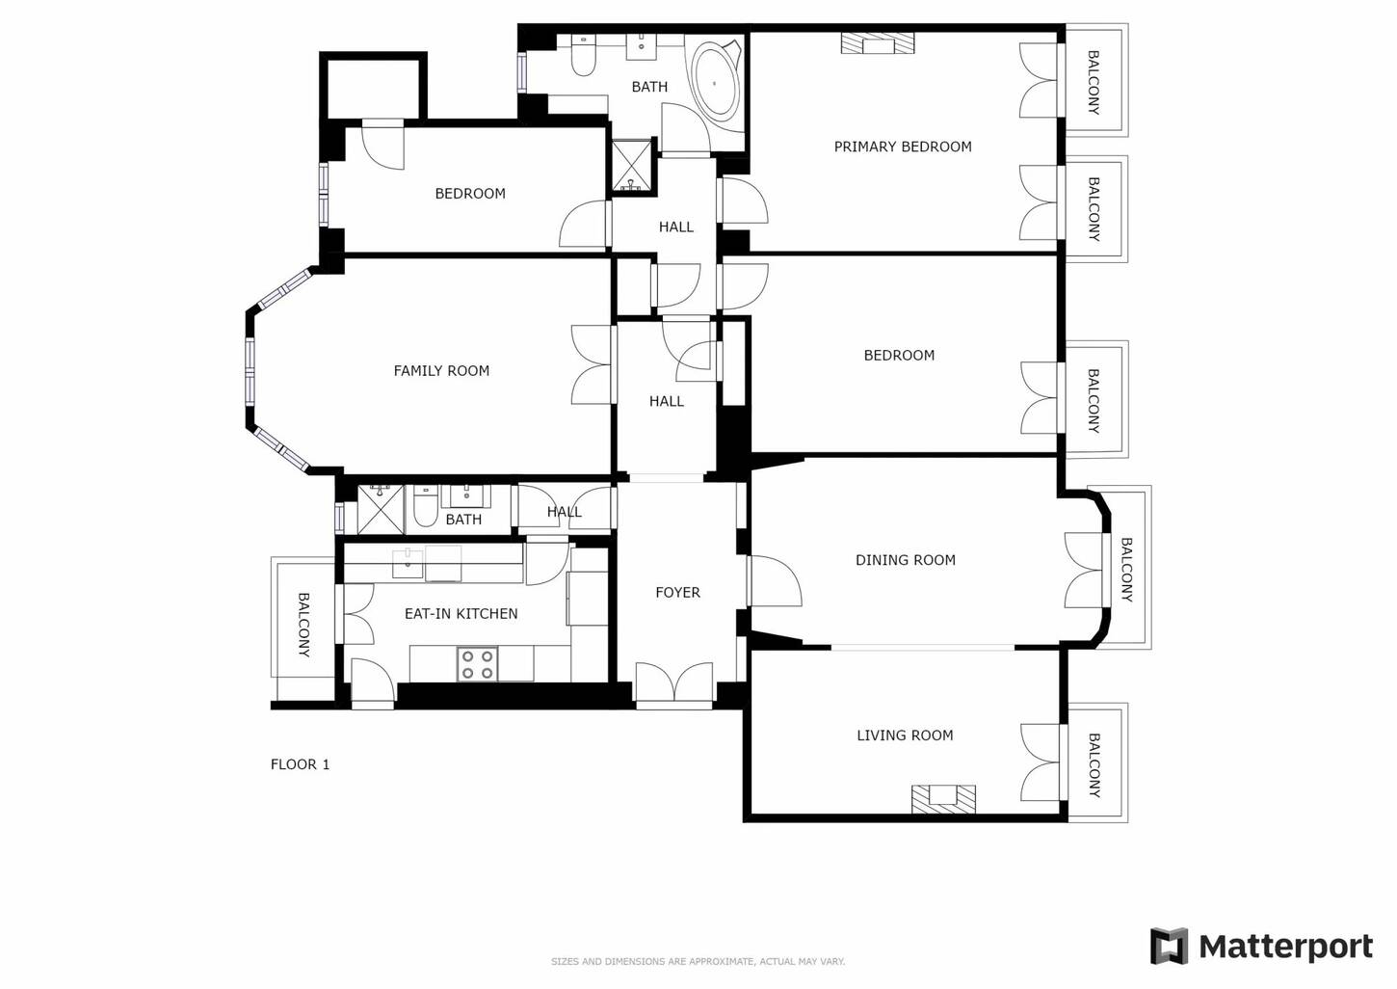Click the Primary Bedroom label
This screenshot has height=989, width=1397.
[903, 147]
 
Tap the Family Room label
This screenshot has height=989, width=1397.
[441, 371]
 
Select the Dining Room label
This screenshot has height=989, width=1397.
[905, 560]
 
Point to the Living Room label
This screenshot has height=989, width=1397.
[905, 735]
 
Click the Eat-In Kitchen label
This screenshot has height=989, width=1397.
[461, 613]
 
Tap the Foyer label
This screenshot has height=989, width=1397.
[677, 592]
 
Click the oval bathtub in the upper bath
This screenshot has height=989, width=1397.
[716, 81]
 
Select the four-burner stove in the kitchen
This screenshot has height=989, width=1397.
[477, 664]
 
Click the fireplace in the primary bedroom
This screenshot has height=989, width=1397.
[878, 43]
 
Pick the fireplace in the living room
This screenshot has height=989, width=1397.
[943, 799]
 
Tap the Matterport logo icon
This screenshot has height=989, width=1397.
[1170, 946]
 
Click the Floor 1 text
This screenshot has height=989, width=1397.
[300, 764]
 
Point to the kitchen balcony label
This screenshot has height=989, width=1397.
[303, 625]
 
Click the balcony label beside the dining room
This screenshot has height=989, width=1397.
[1126, 570]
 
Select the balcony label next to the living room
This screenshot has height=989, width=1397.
[1094, 765]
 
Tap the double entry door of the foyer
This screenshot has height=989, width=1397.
[674, 685]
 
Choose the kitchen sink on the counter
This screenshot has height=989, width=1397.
[408, 564]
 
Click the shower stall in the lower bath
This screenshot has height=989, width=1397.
[381, 510]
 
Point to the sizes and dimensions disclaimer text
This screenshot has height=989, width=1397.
[698, 962]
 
